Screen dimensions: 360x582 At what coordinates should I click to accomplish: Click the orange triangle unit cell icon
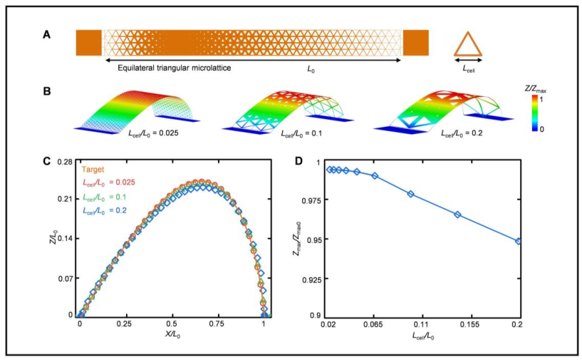(468, 44)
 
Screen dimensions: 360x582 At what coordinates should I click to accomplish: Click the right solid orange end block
(415, 42)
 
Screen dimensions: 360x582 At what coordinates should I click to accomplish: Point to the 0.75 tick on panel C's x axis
(218, 323)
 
